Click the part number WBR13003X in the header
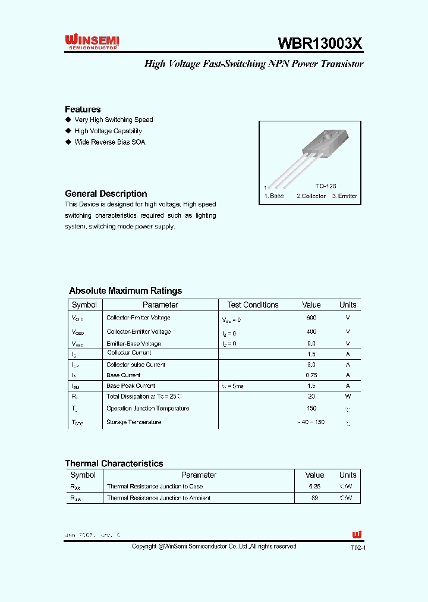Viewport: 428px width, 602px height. [x=320, y=43]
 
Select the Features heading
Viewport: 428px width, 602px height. [x=83, y=109]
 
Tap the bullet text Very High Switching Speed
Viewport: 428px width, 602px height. [x=114, y=120]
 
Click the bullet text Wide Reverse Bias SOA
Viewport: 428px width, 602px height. [x=109, y=142]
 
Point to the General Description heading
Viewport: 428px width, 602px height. [x=106, y=194]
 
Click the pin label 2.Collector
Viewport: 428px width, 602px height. [x=311, y=196]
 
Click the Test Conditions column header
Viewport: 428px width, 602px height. [x=253, y=305]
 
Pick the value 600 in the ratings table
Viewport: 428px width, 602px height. [x=311, y=318]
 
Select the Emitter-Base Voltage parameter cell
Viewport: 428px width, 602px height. [x=134, y=344]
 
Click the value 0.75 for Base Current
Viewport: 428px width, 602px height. [x=311, y=375]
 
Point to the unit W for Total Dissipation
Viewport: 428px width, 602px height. [x=348, y=396]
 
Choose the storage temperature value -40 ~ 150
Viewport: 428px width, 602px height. [x=311, y=422]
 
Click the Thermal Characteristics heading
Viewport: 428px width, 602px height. [x=114, y=463]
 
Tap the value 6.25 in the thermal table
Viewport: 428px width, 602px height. [x=314, y=487]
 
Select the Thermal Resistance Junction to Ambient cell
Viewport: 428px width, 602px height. [x=159, y=498]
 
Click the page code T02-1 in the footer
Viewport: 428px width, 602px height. [x=358, y=547]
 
